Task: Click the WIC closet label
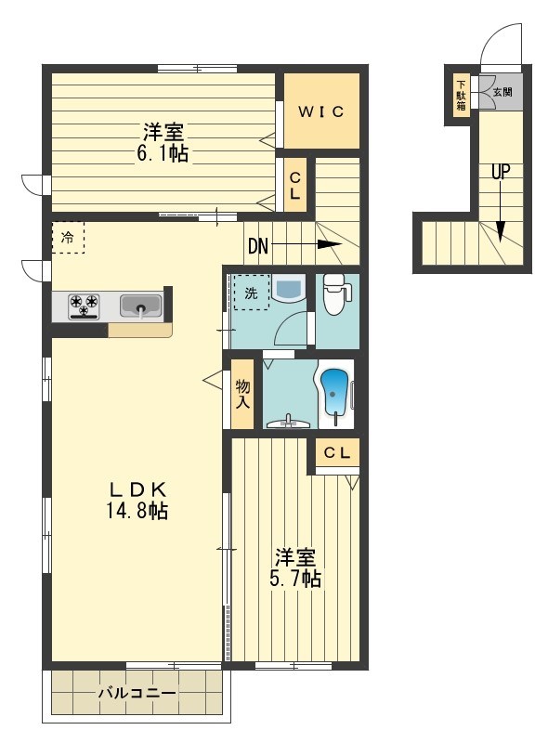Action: [x=321, y=111]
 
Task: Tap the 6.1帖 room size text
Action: [x=163, y=153]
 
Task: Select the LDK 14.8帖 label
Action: [x=137, y=500]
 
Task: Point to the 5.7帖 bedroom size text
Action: [x=295, y=578]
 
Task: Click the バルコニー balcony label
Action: [x=137, y=693]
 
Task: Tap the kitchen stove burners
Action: [x=84, y=306]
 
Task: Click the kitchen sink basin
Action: [x=141, y=306]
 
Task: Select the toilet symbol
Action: [x=336, y=293]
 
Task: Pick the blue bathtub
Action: [x=335, y=394]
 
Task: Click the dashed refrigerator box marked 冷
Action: [x=68, y=238]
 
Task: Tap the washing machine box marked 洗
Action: [x=252, y=293]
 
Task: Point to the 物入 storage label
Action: [x=242, y=394]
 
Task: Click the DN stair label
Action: [x=258, y=246]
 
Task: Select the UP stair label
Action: [x=501, y=172]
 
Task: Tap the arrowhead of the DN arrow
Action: [x=330, y=244]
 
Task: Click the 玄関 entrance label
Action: [x=502, y=91]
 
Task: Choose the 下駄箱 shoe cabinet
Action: [x=461, y=96]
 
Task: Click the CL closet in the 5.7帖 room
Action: [x=337, y=453]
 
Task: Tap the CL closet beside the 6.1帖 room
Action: [x=294, y=185]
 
